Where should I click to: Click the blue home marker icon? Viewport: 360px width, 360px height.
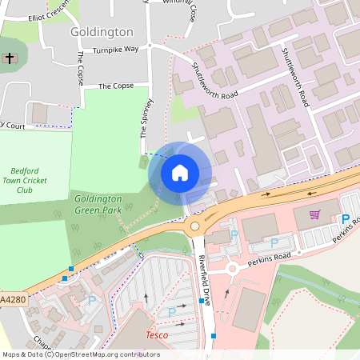pos(180,172)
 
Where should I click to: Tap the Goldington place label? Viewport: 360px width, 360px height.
pos(102,32)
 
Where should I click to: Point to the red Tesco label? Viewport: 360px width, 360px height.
pos(157,334)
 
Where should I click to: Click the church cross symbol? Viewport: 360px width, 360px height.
pos(9,58)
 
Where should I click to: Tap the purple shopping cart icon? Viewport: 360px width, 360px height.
pos(314,214)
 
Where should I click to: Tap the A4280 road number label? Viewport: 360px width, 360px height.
pos(12,299)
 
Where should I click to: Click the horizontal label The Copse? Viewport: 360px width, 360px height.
pos(115,86)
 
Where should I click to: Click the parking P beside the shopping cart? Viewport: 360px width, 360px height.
pos(345,219)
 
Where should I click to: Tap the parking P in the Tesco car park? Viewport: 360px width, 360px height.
pos(171,312)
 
